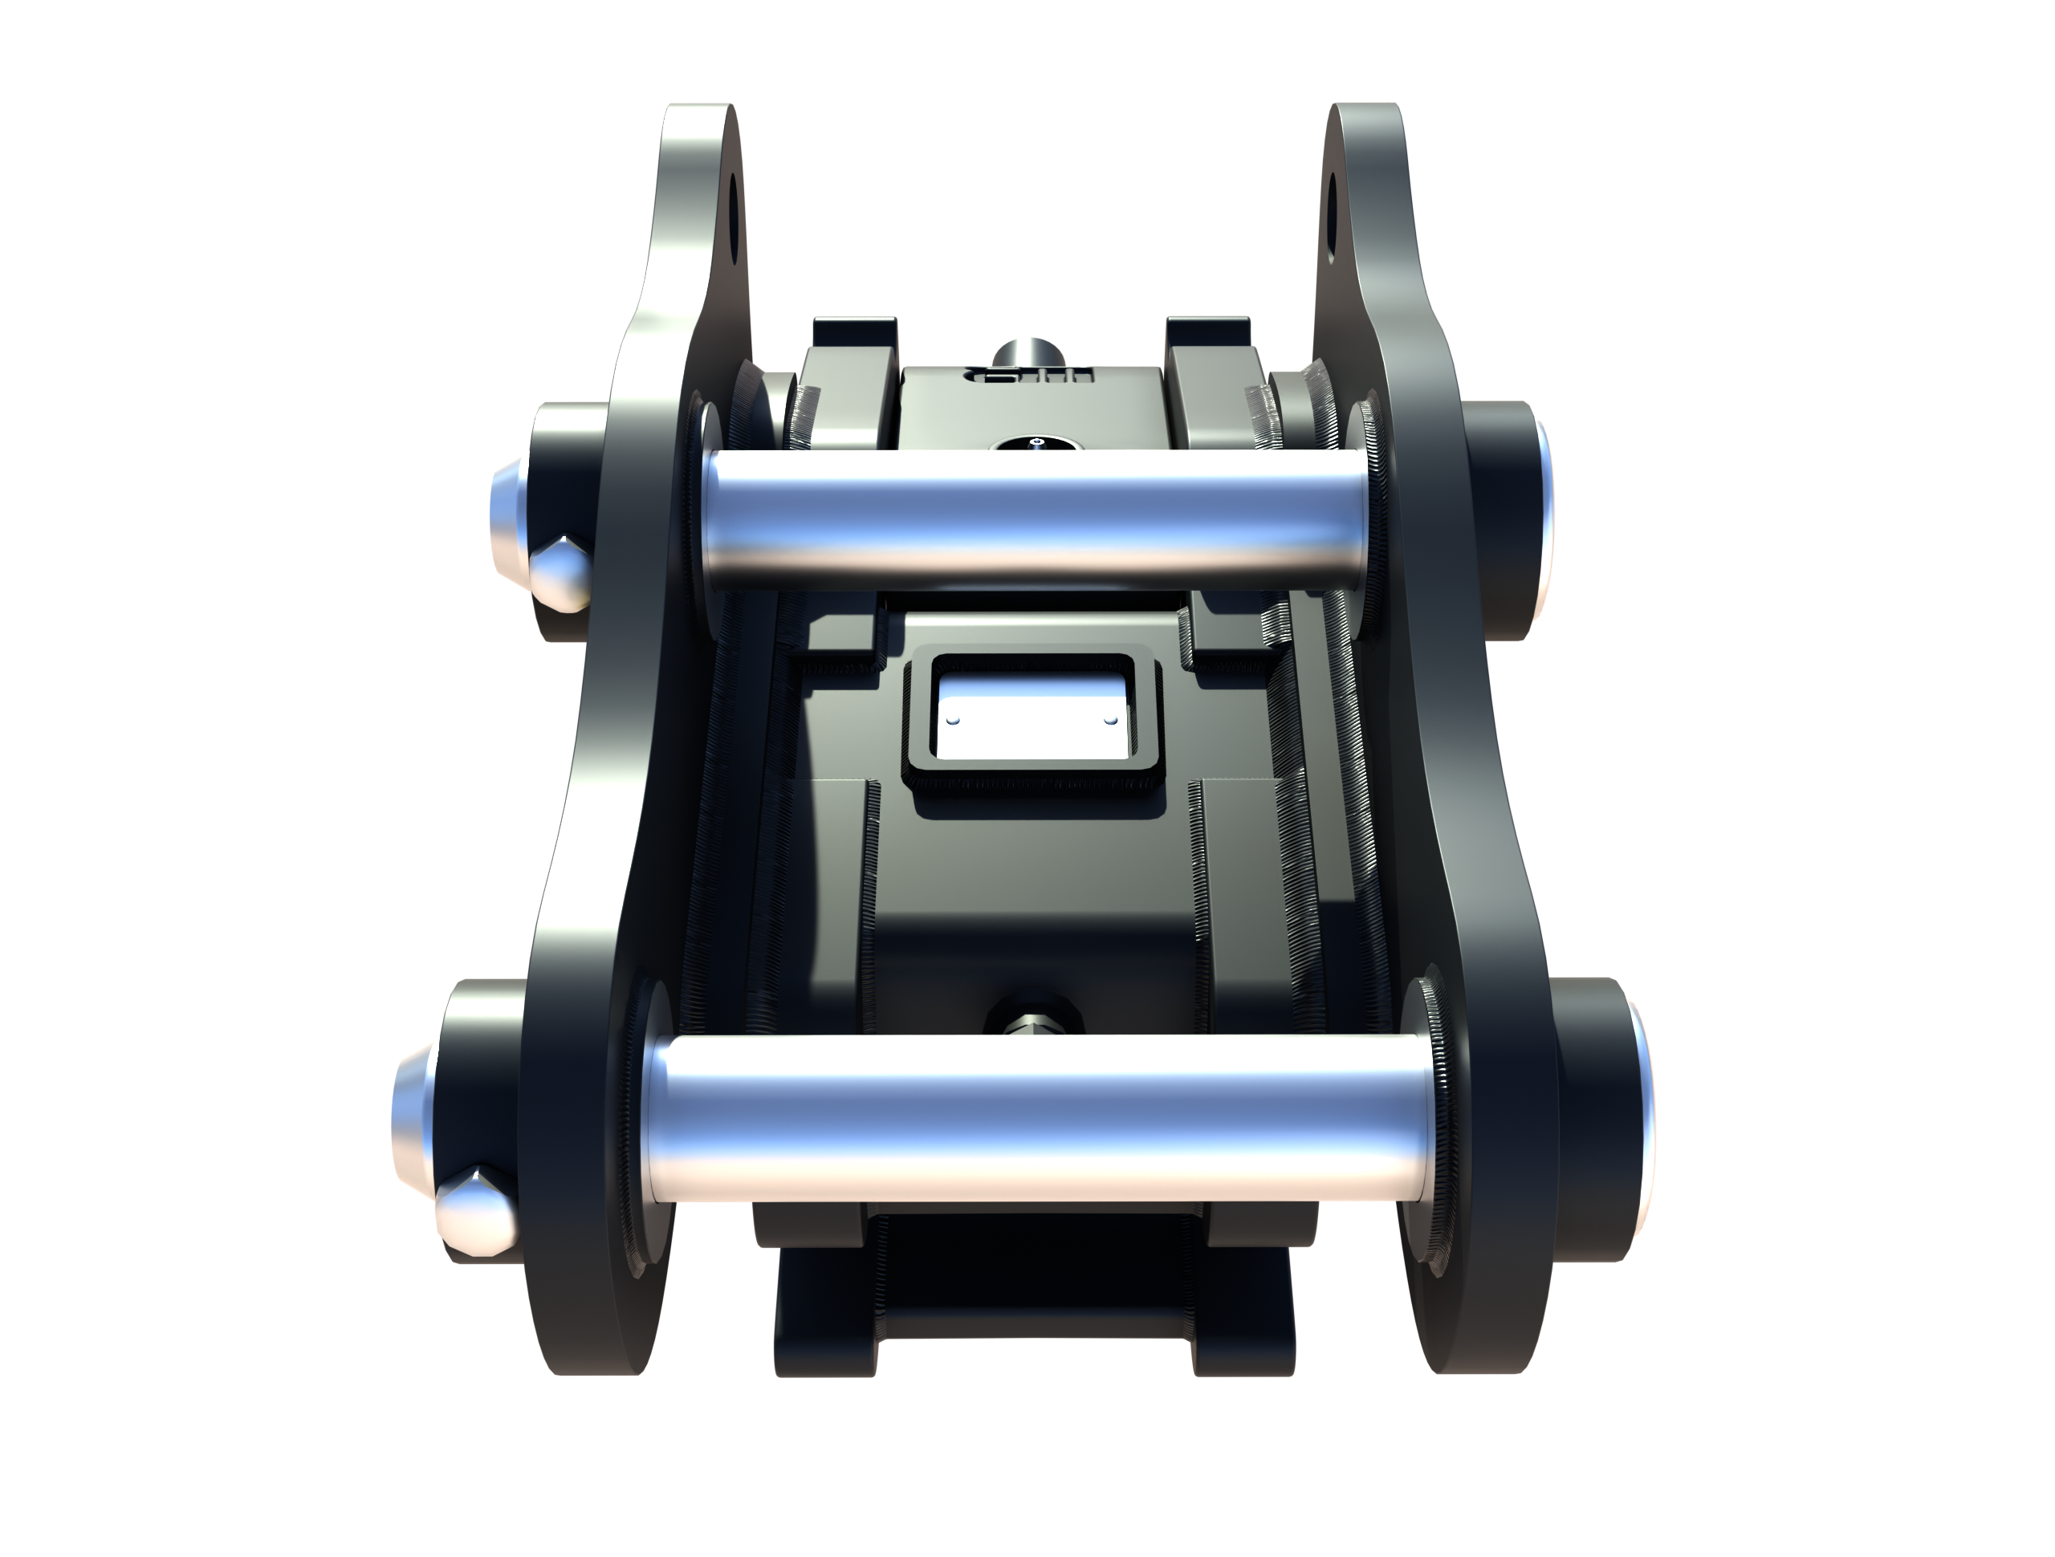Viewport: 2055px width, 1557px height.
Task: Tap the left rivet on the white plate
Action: point(954,720)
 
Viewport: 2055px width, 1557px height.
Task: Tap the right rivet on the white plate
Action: point(1108,719)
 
